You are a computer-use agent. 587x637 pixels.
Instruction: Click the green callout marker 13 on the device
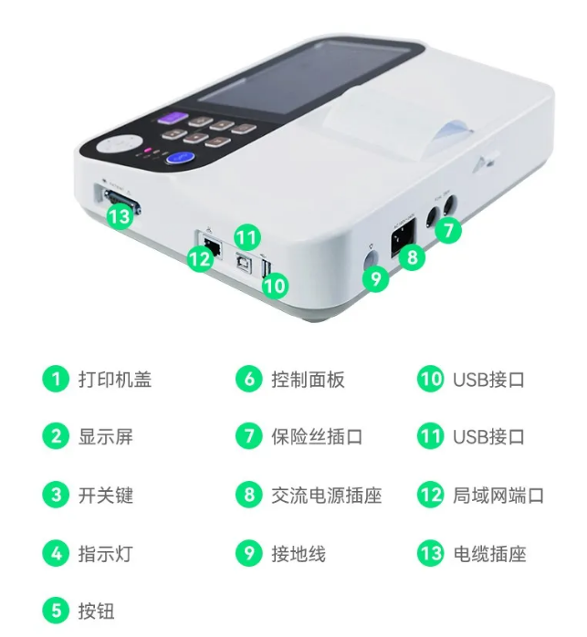[120, 215]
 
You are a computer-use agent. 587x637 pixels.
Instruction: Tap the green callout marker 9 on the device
[376, 278]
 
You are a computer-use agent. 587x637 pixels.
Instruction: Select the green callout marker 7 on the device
[448, 230]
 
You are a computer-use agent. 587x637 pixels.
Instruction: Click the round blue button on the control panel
[179, 158]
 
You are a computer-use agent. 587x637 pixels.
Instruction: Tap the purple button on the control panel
[173, 119]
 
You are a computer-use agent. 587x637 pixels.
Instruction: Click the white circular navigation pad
[120, 143]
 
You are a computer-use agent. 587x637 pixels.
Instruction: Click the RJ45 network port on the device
[213, 246]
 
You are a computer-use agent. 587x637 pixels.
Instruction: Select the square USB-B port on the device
[244, 263]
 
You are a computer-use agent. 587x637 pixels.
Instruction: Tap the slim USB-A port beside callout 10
[267, 269]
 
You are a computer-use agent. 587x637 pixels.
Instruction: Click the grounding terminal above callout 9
[370, 259]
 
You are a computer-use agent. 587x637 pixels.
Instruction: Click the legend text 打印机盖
[115, 380]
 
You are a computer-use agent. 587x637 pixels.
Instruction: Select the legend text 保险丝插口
[317, 437]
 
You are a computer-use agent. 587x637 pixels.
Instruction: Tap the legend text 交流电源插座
[327, 496]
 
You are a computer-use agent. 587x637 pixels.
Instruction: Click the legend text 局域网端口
[498, 496]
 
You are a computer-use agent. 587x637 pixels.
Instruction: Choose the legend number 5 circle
[56, 611]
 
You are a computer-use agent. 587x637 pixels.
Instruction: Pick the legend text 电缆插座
[489, 553]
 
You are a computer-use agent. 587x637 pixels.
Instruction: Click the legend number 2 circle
[56, 436]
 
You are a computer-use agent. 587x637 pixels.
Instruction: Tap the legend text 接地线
[299, 553]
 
